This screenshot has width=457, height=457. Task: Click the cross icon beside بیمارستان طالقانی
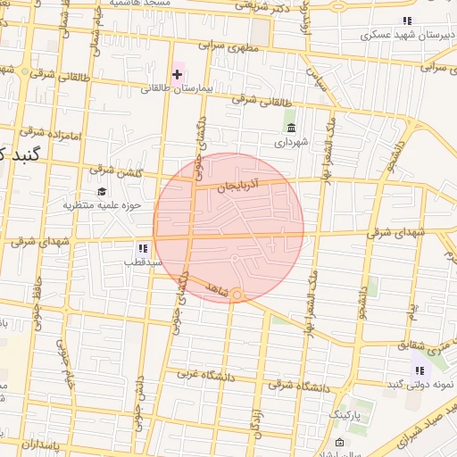177,73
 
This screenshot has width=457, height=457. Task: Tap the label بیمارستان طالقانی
179,89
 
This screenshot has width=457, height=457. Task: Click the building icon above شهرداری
290,126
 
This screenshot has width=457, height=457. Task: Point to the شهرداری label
291,142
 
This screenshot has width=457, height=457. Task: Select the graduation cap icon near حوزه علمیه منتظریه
103,192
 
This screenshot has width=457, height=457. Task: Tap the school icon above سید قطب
143,247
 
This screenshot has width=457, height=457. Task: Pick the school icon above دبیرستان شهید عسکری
407,21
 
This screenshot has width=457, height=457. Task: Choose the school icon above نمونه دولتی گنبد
420,370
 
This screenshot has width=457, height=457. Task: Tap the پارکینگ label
344,416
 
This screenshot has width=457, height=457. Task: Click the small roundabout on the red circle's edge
237,295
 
